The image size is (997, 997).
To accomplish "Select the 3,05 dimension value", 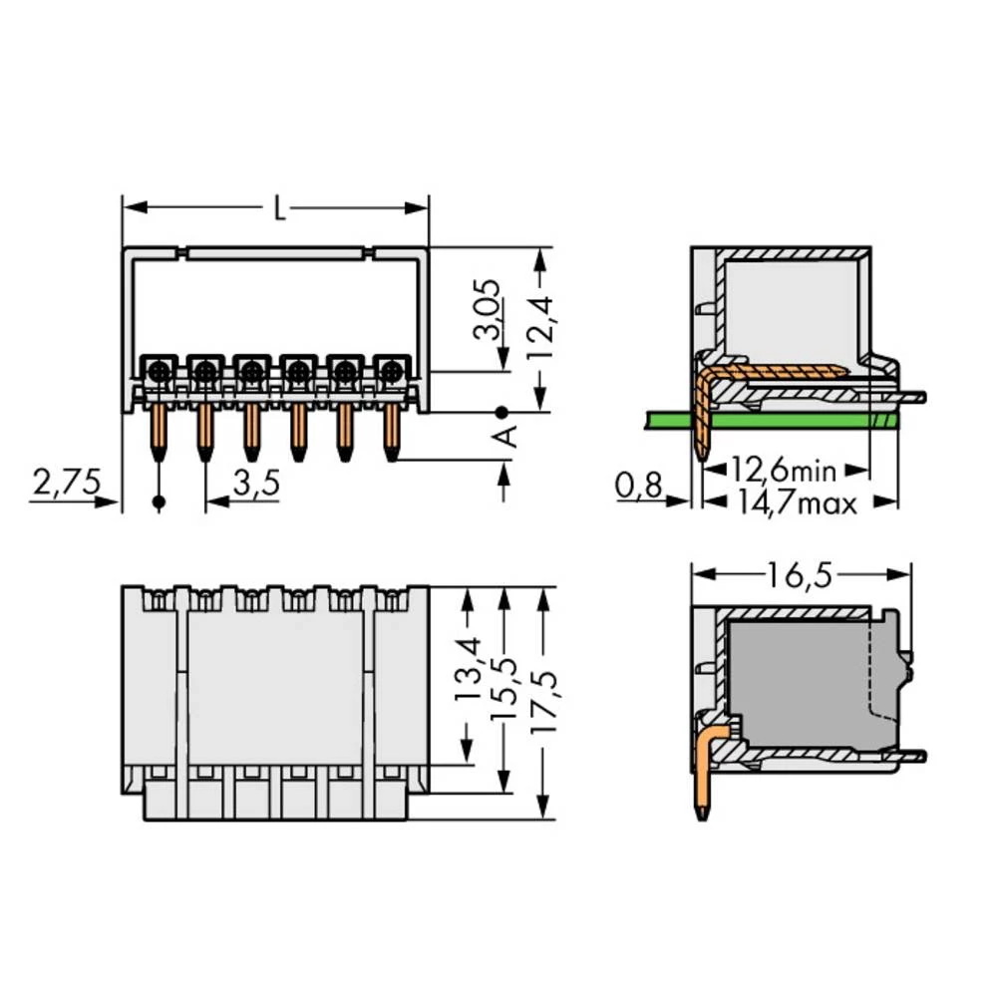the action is click(x=488, y=309).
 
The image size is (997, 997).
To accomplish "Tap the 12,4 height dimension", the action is click(x=541, y=329).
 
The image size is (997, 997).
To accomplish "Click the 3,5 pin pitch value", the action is click(x=256, y=484).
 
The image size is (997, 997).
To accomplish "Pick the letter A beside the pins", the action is click(x=506, y=437).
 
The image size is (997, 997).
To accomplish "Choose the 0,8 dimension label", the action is click(x=638, y=486).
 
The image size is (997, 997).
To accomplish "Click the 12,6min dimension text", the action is click(x=784, y=471).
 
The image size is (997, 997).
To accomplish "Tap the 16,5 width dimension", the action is click(x=800, y=575).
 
